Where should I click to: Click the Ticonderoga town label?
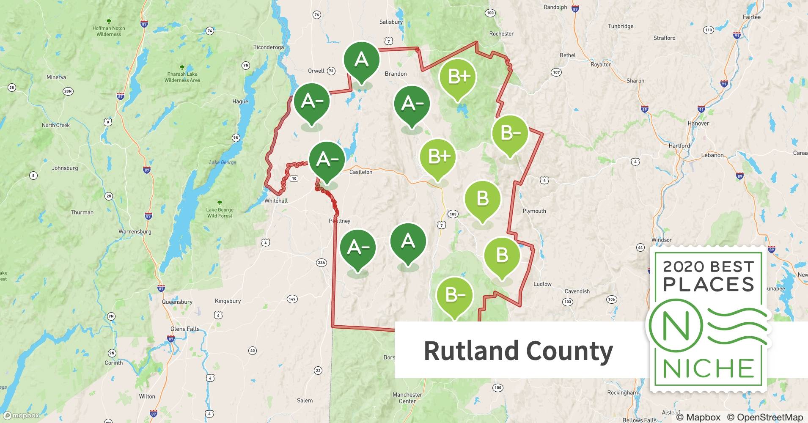[268, 47]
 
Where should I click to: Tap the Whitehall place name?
[276, 201]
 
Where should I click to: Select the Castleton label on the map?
[361, 172]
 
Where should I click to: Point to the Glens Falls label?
[185, 329]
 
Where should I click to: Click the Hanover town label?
[698, 124]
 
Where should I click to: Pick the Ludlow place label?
[542, 284]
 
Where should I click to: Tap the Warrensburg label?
[135, 231]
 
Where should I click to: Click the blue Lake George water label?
[223, 162]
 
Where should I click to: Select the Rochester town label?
[501, 34]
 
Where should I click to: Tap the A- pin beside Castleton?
[327, 160]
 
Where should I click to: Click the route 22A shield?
[322, 263]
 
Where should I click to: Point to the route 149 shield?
[292, 299]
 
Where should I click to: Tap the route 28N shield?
[68, 91]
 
